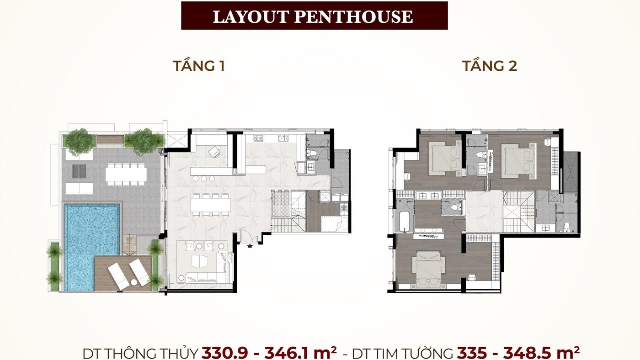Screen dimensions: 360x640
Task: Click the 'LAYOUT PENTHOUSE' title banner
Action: pos(314,16)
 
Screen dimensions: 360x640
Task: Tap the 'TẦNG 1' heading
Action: pos(198,66)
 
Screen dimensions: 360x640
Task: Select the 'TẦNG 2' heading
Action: pos(489,66)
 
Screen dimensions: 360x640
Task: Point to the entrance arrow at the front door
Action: pos(250,246)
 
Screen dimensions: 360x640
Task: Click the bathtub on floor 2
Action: pos(404,222)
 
